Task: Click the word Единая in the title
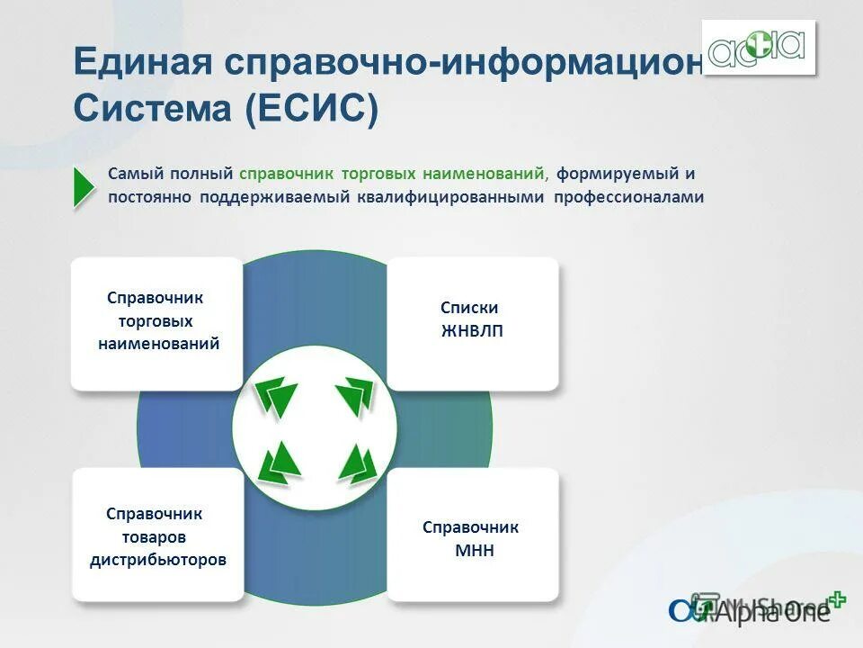[142, 64]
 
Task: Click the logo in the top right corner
[759, 47]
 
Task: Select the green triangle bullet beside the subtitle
[84, 186]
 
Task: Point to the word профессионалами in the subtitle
[628, 196]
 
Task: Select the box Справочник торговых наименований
[157, 322]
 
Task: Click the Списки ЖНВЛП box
[473, 322]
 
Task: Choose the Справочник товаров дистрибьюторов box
[157, 535]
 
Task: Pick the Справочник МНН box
[473, 535]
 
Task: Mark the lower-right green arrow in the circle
[357, 463]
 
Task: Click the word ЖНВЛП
[473, 331]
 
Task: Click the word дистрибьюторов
[158, 560]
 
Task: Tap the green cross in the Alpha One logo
[837, 599]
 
